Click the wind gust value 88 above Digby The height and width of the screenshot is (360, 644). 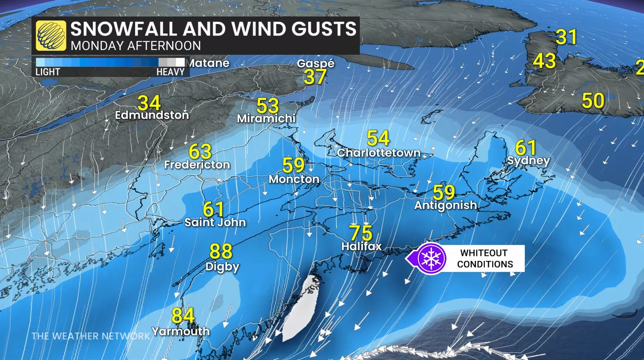coord(221,251)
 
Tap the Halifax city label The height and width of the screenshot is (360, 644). coord(361,247)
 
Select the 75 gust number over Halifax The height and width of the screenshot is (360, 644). coord(361,233)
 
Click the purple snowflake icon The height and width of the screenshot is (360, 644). coord(431,259)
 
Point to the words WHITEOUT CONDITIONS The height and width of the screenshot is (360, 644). coord(485,259)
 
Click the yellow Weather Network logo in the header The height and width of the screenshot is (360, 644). coord(51,36)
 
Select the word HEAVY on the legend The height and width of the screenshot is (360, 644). coord(170,72)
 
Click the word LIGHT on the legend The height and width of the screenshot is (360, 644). coord(48,72)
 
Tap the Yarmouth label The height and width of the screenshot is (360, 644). coord(180,332)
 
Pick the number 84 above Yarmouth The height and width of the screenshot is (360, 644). coord(183,315)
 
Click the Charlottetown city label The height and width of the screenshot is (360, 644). coord(379,153)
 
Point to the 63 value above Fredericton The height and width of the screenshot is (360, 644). coord(200,152)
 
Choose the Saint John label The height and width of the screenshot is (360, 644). coord(215,222)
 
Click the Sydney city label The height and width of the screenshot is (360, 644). coord(528,161)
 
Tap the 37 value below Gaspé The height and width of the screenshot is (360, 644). coord(315,77)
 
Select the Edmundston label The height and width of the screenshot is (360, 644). coord(152,115)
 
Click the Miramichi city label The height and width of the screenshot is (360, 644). coord(266,119)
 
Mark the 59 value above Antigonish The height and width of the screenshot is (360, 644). coord(443,192)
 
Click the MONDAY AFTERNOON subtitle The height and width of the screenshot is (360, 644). coord(135,46)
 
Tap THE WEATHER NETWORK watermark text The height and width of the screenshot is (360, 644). coord(91,336)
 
